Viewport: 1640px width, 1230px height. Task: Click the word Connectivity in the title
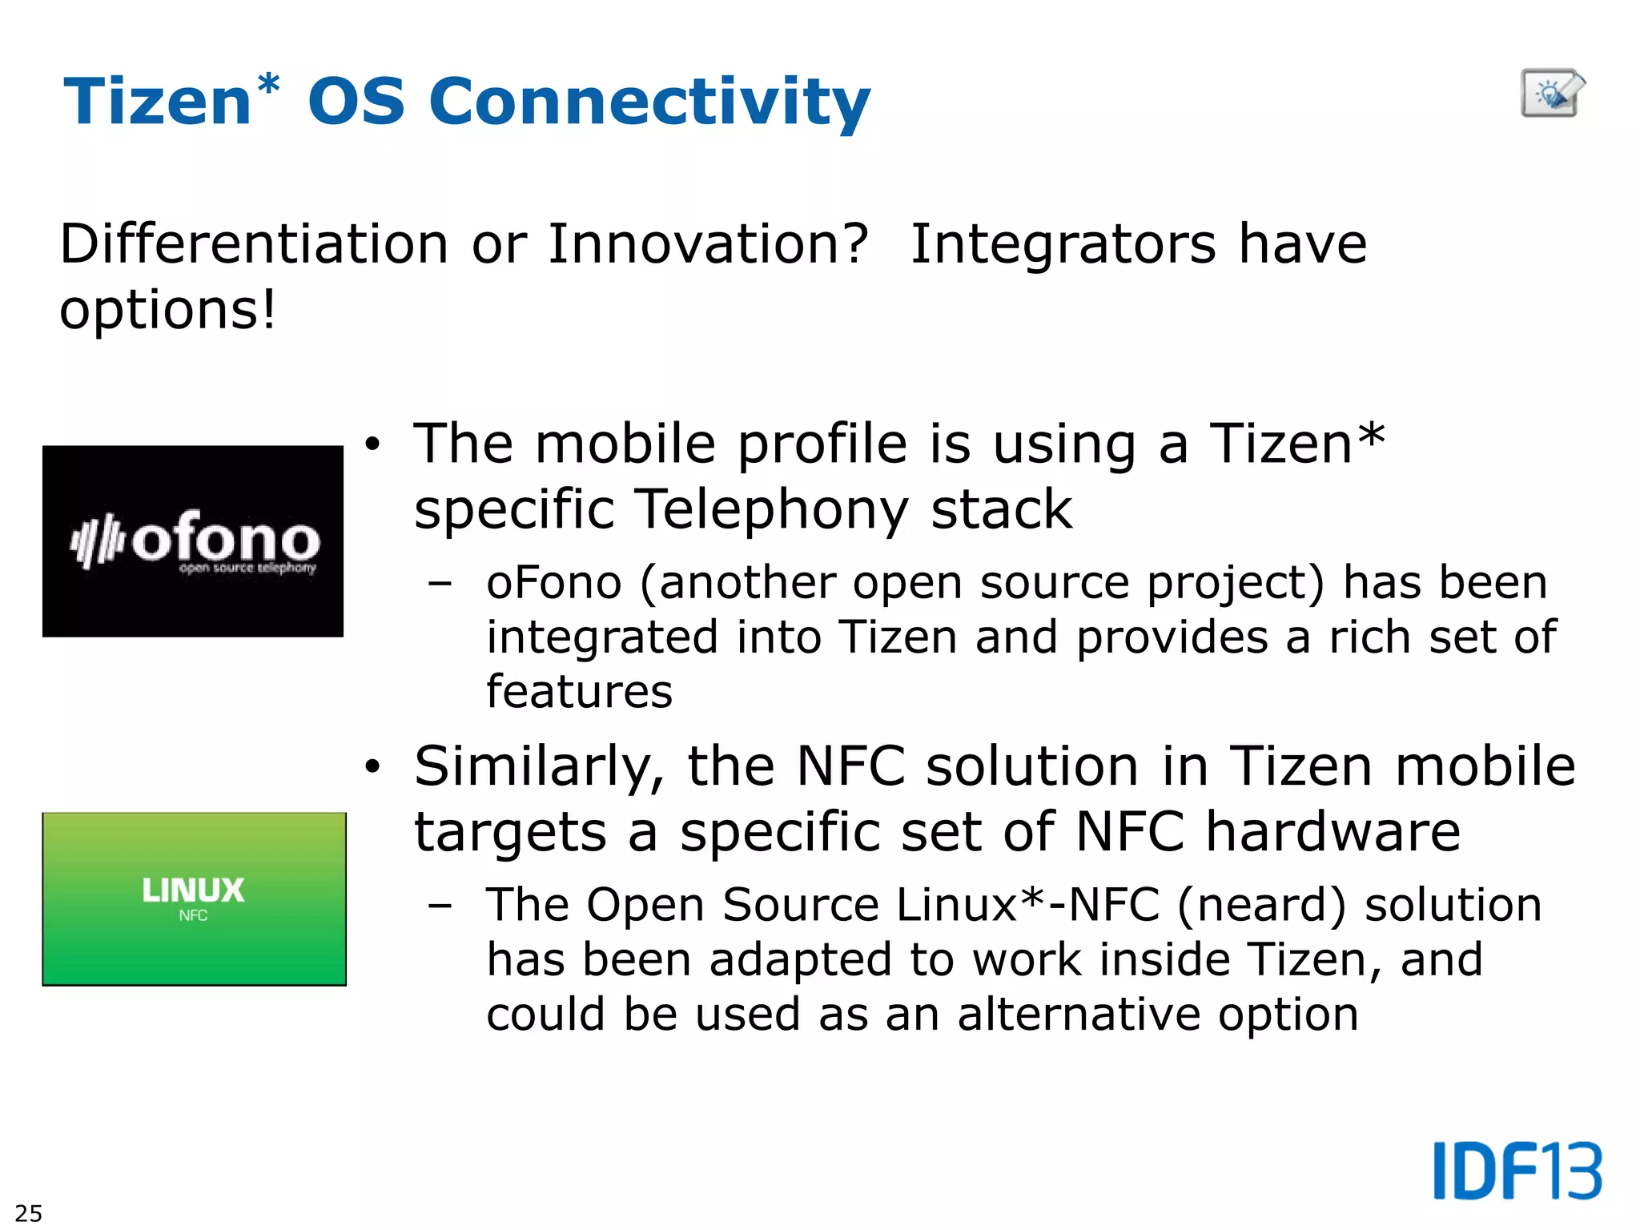pyautogui.click(x=649, y=102)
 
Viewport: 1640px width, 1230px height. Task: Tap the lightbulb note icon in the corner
pyautogui.click(x=1552, y=94)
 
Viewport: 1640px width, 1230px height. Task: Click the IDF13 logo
pyautogui.click(x=1517, y=1171)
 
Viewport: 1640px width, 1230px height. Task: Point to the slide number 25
pyautogui.click(x=28, y=1212)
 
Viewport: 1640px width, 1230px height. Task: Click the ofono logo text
pyautogui.click(x=226, y=541)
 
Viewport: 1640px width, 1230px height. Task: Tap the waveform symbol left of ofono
pyautogui.click(x=96, y=542)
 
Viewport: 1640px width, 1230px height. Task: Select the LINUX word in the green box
pyautogui.click(x=193, y=890)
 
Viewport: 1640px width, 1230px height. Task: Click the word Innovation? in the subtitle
pyautogui.click(x=708, y=243)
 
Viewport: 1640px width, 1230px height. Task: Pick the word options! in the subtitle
pyautogui.click(x=167, y=310)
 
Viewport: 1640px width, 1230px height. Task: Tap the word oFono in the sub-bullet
pyautogui.click(x=554, y=582)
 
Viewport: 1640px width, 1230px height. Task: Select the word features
pyautogui.click(x=580, y=692)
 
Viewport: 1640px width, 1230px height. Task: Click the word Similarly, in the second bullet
pyautogui.click(x=538, y=767)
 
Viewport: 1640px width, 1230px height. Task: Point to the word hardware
pyautogui.click(x=1332, y=831)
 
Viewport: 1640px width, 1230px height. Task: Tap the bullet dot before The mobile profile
pyautogui.click(x=372, y=444)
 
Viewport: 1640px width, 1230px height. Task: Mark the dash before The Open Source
pyautogui.click(x=440, y=906)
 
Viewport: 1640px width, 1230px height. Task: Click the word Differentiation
pyautogui.click(x=254, y=243)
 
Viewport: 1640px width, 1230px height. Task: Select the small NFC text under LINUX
pyautogui.click(x=193, y=915)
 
